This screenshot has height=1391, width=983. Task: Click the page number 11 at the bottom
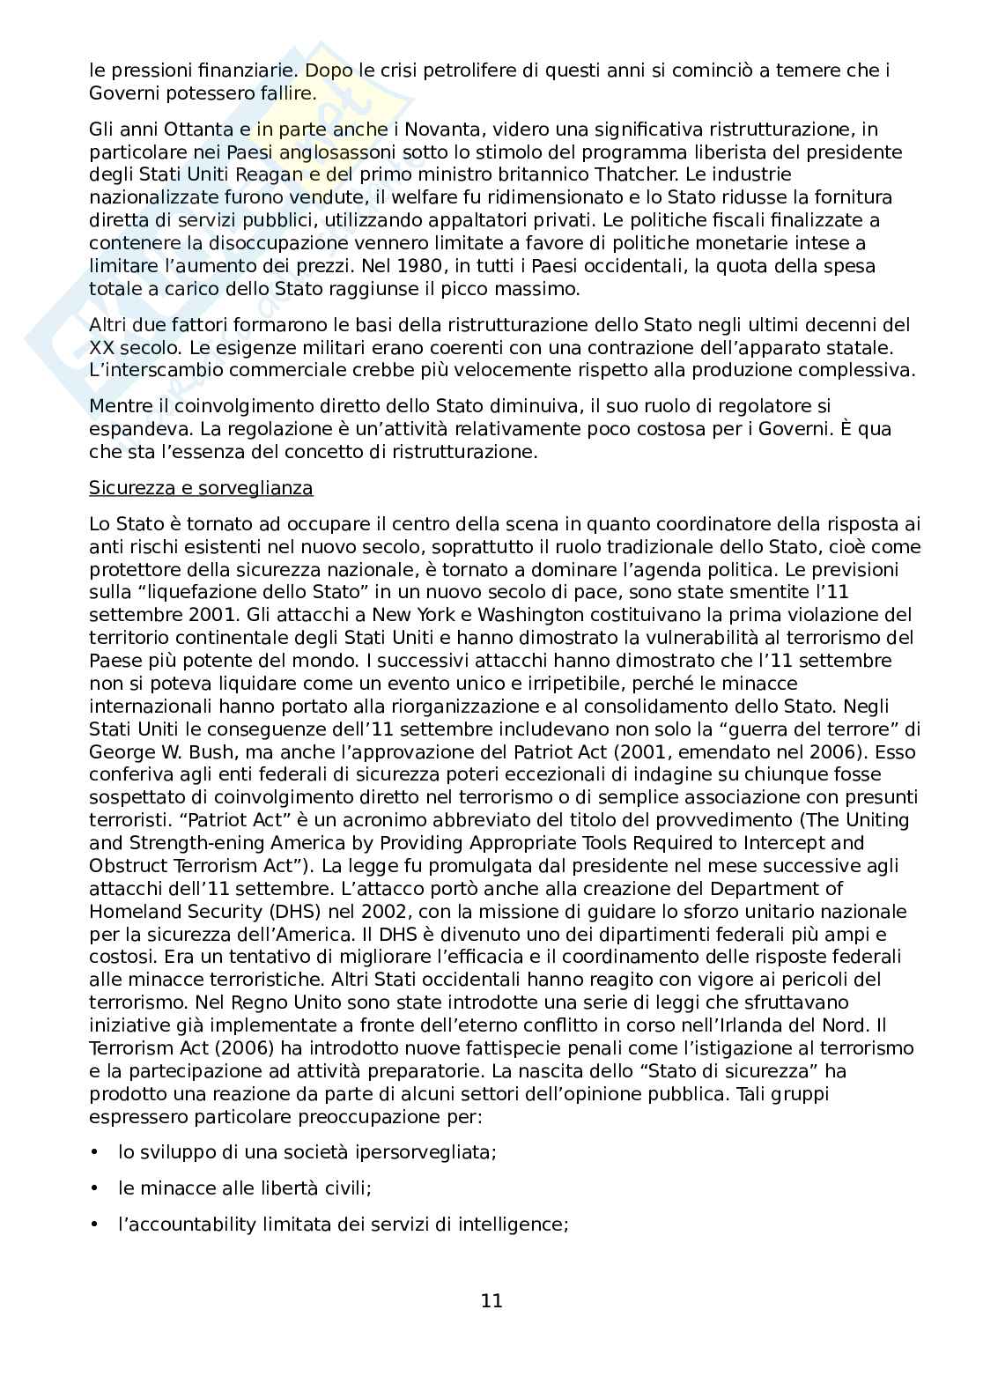point(491,1300)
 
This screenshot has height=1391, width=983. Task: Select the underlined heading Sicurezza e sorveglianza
point(201,487)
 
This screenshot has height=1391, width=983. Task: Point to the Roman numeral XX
point(101,347)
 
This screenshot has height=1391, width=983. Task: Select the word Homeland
point(129,912)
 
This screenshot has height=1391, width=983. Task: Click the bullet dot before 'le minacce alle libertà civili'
point(94,1188)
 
